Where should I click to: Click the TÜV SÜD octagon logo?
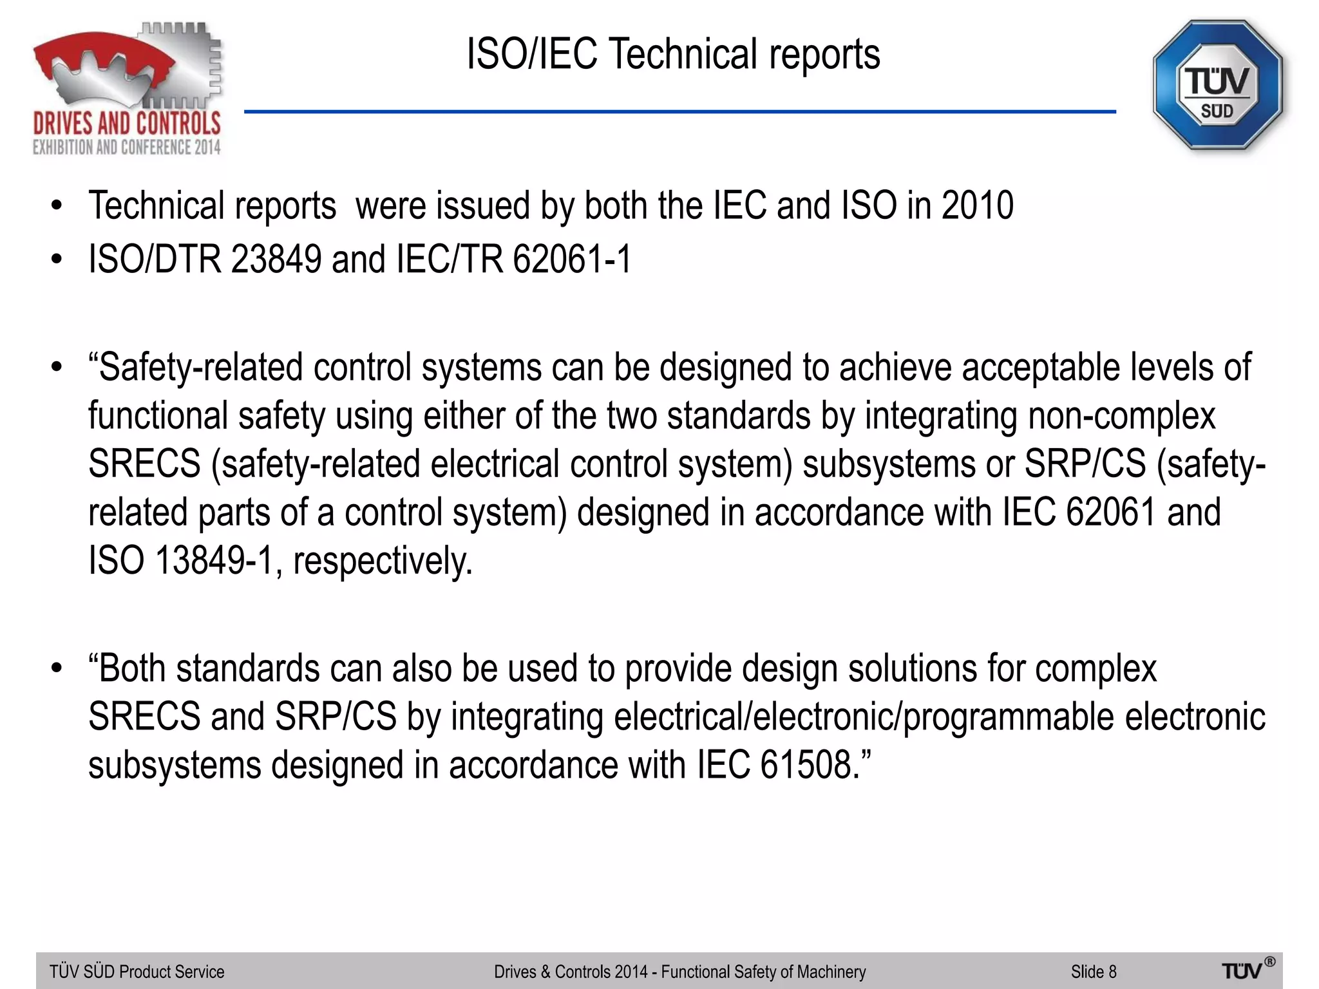tap(1217, 86)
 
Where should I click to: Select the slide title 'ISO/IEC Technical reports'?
tap(673, 54)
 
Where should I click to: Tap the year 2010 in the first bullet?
tap(977, 206)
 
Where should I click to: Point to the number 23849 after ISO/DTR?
tap(276, 259)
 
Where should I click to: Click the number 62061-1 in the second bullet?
tap(572, 259)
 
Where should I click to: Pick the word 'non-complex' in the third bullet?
tap(1121, 416)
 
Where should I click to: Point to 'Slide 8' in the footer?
tap(1093, 972)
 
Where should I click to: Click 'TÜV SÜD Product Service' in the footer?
tap(137, 972)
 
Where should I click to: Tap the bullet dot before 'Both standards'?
tap(57, 668)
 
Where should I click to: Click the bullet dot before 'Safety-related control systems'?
tap(57, 368)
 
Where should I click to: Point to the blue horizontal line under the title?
tap(679, 112)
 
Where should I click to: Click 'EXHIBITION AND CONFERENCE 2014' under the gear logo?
tap(127, 147)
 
